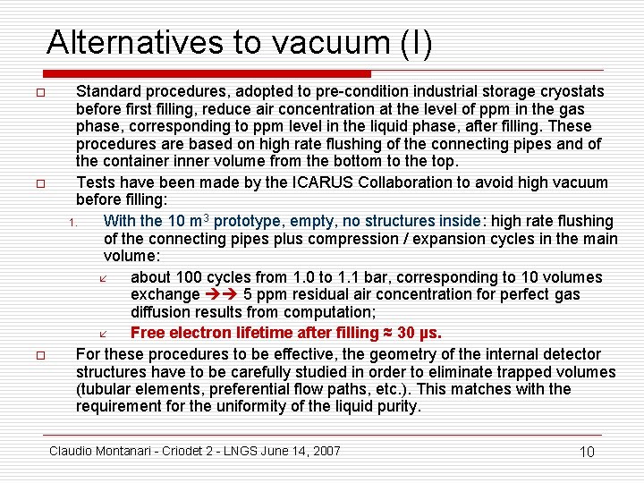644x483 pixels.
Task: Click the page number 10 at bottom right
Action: (587, 452)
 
